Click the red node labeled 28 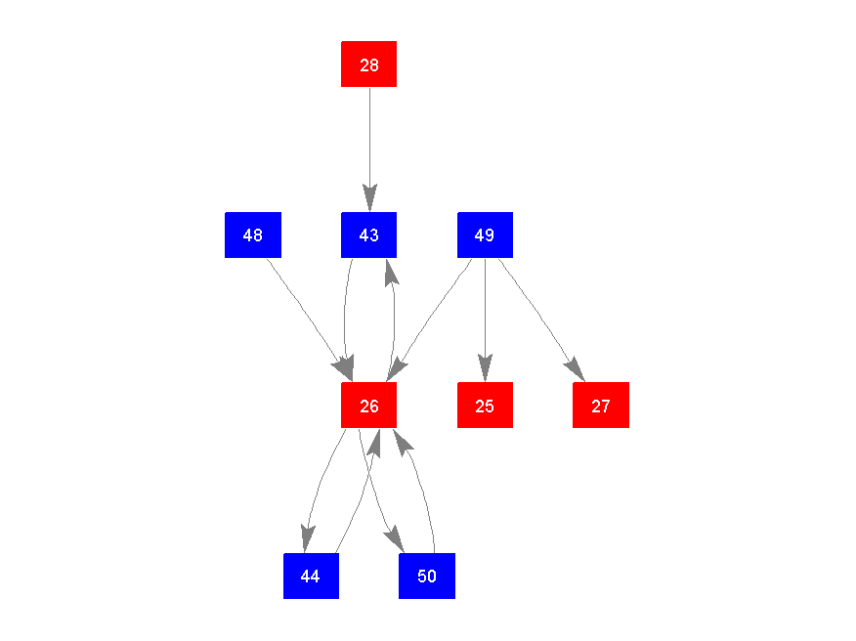point(368,64)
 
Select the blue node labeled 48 point(252,235)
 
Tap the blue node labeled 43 point(368,235)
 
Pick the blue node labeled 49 point(485,235)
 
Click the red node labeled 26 point(368,405)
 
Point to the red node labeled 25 point(485,405)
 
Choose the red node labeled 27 point(600,405)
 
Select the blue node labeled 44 point(311,576)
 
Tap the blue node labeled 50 point(427,576)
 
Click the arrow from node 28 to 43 point(369,137)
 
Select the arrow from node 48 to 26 point(303,311)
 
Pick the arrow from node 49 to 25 point(485,313)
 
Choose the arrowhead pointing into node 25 point(485,370)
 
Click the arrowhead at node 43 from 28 point(369,198)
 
